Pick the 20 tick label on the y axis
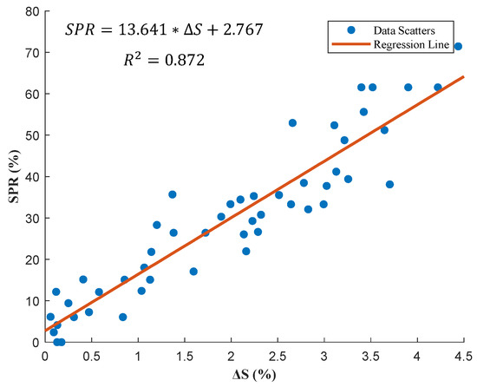31,259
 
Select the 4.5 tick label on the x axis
464,355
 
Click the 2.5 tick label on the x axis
278,355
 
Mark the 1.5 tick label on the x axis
185,355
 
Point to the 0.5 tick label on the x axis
91,355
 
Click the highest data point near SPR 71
458,47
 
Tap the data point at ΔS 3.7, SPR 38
389,184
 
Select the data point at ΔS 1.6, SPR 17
193,272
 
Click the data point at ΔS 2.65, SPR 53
292,123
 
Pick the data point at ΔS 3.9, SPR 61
408,88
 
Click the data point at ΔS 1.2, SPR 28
157,225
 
